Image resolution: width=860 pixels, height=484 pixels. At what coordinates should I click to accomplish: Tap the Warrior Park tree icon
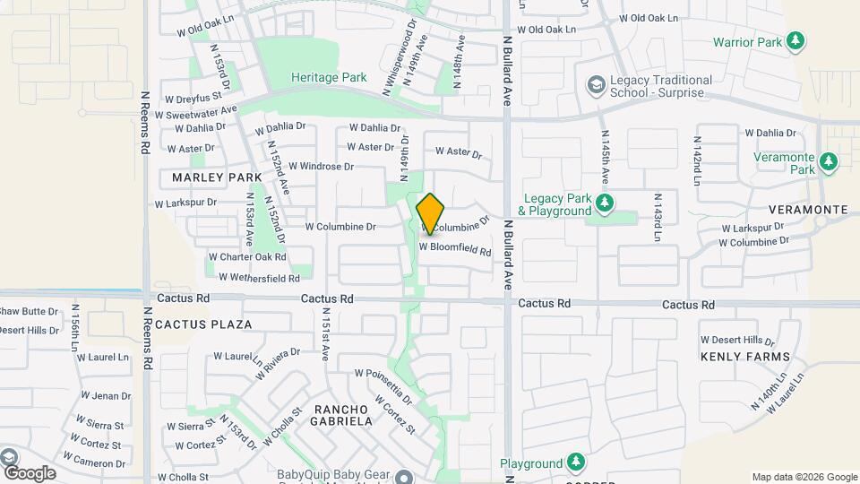pos(795,41)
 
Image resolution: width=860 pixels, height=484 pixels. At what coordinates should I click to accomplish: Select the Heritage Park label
pos(329,78)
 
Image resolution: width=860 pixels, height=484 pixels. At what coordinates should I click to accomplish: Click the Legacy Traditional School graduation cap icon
pos(595,85)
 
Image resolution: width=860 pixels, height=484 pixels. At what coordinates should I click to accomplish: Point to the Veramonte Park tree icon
pos(830,161)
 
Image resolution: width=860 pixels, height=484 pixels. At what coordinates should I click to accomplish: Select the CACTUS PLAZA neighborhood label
pos(203,324)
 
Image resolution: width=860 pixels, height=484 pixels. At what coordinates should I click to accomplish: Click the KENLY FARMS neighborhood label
pos(745,357)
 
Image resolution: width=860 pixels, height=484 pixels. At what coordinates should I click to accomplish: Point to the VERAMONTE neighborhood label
pos(813,210)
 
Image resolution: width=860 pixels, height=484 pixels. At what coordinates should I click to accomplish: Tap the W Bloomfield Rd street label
pos(456,248)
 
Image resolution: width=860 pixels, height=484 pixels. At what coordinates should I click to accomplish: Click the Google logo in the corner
pos(30,472)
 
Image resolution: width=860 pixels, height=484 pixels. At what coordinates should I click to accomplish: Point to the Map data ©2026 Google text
pos(804,477)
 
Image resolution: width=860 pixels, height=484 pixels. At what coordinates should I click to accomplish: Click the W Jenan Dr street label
pos(106,395)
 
